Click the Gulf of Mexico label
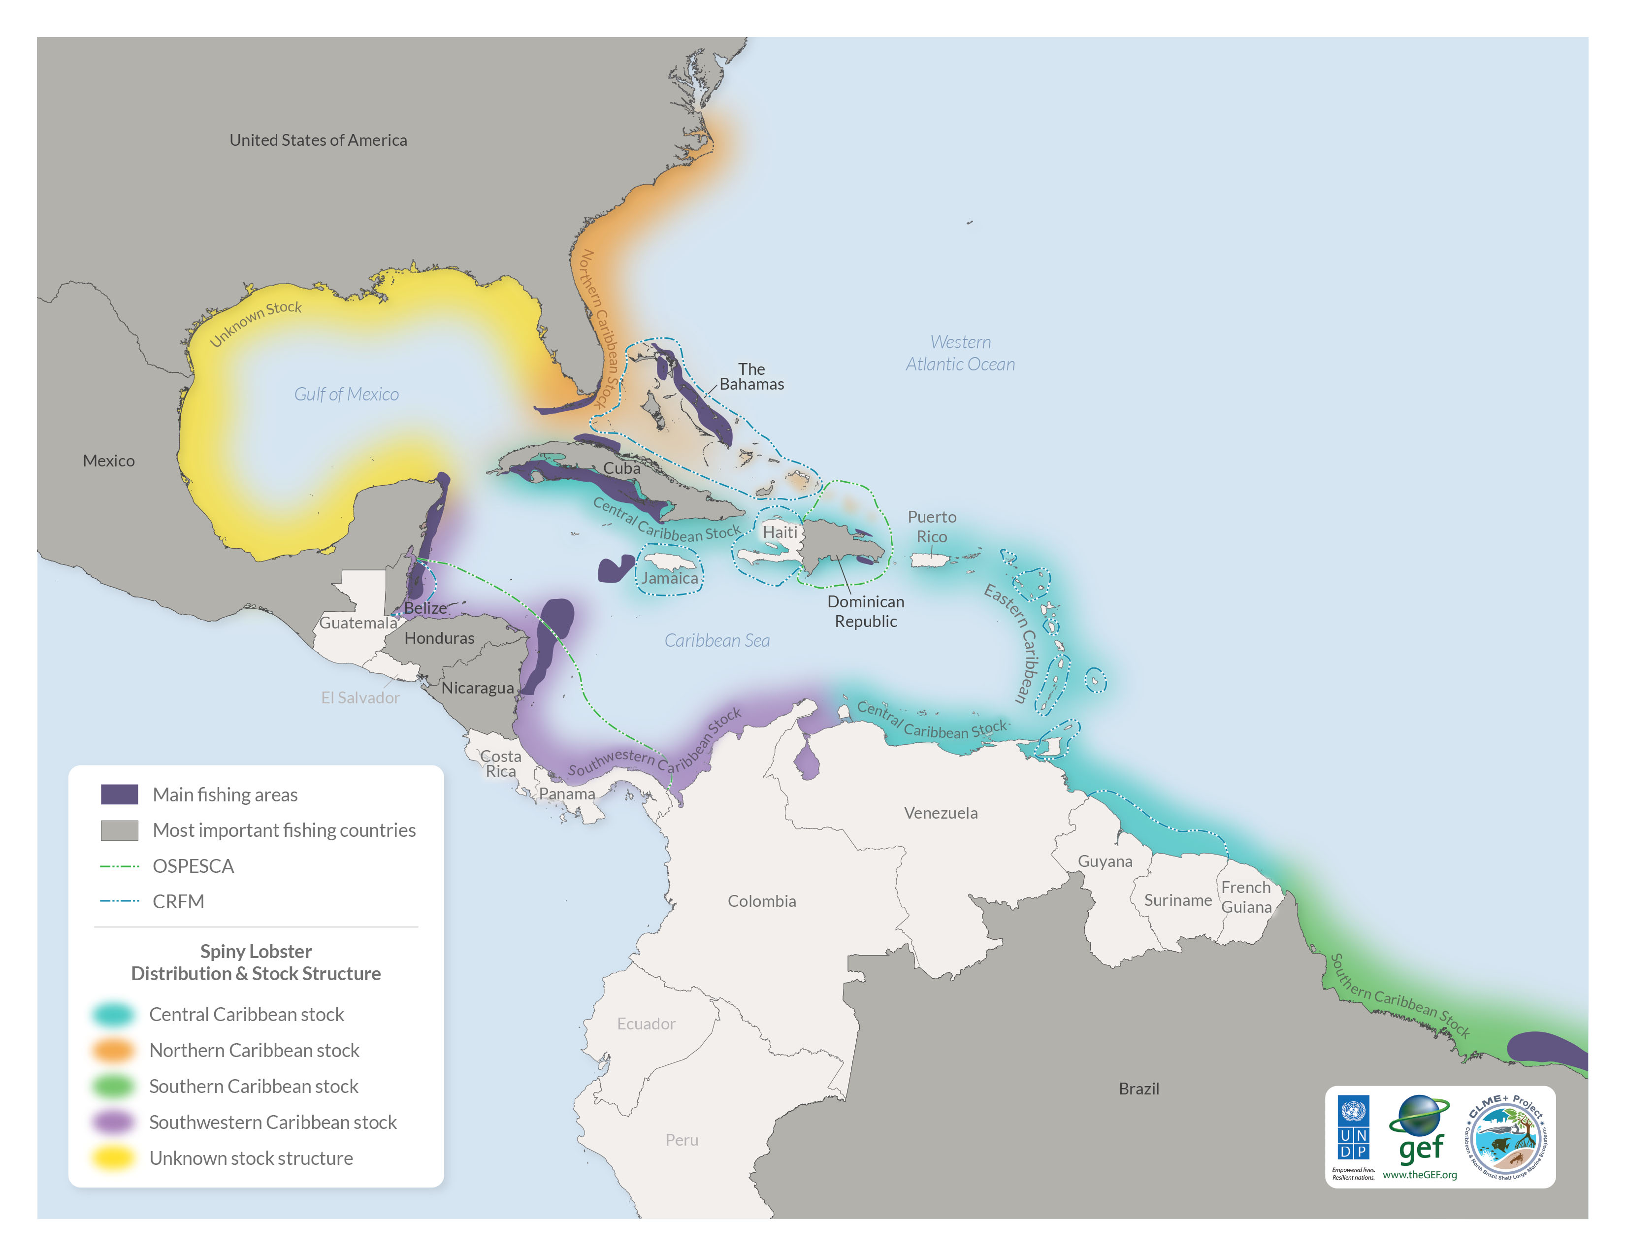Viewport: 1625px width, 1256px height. click(x=346, y=395)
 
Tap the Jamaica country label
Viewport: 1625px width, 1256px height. click(x=670, y=578)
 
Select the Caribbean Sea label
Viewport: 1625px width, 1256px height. click(x=716, y=641)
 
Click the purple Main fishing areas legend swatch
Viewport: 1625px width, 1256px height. click(x=119, y=794)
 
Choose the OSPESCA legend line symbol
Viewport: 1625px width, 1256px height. click(x=119, y=866)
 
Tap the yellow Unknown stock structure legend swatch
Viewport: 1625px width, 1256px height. click(x=113, y=1158)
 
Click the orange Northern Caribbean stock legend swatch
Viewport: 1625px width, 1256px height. click(x=113, y=1051)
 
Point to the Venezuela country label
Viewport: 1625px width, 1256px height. click(x=941, y=813)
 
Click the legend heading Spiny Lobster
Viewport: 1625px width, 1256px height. click(x=256, y=952)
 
